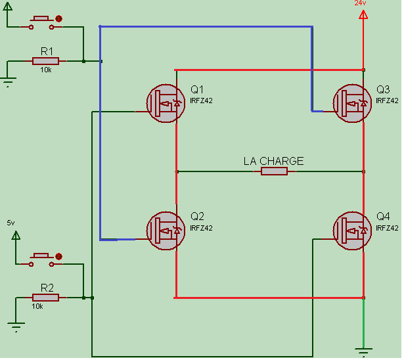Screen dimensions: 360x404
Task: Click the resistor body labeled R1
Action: click(x=45, y=61)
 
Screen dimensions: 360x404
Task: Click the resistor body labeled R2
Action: click(x=45, y=298)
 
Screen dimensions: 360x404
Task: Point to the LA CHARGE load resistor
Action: click(x=274, y=171)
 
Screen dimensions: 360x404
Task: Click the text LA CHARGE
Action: click(x=273, y=160)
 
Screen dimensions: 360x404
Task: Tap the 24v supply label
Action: click(x=360, y=3)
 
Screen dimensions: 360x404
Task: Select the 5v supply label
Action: click(x=10, y=223)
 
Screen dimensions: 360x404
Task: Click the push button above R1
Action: click(x=45, y=22)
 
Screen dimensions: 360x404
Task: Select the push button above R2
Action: click(x=45, y=258)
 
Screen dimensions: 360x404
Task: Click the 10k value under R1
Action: click(x=46, y=70)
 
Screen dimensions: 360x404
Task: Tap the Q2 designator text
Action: click(x=198, y=216)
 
